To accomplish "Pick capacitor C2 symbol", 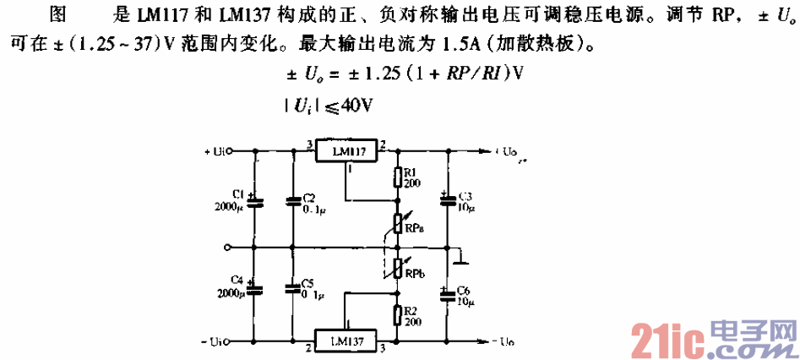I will (293, 201).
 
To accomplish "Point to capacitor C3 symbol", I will (445, 201).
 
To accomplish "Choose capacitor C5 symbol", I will (293, 289).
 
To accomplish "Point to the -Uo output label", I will (502, 341).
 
